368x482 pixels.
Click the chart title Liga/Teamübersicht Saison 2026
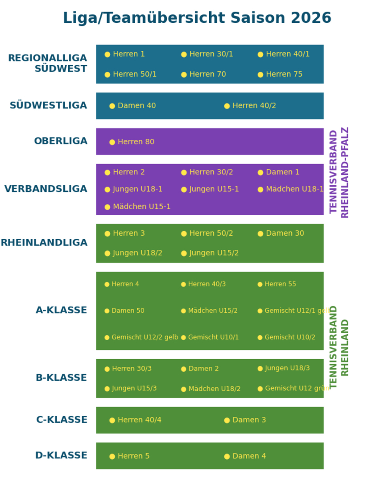[x=197, y=18]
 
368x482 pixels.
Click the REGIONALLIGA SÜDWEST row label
[x=48, y=63]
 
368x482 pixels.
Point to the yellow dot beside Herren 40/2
[x=227, y=106]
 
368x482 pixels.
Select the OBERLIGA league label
[x=61, y=141]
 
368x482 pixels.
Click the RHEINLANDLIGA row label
[x=44, y=243]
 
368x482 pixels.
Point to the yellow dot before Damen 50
[x=107, y=311]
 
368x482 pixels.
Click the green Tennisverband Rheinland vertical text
[x=339, y=347]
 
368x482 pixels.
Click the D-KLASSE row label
[x=61, y=456]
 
